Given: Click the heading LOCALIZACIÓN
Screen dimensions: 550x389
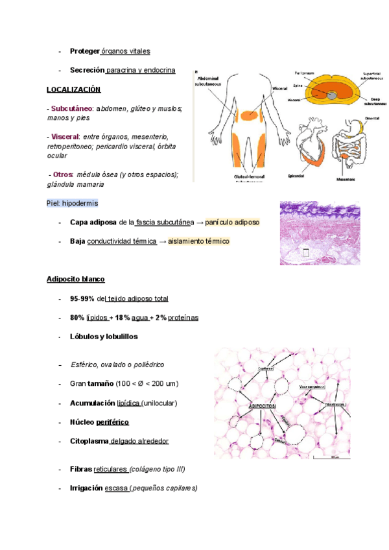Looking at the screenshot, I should pyautogui.click(x=73, y=89).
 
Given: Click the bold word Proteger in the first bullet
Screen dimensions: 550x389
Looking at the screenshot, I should pyautogui.click(x=84, y=51).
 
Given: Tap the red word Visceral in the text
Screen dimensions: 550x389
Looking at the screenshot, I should pyautogui.click(x=64, y=137).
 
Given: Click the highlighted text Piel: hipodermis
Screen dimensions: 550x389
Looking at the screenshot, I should pyautogui.click(x=72, y=203).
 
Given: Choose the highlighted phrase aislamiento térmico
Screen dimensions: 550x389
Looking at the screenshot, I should pyautogui.click(x=198, y=241).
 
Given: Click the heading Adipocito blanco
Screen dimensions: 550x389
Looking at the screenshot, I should pyautogui.click(x=75, y=279).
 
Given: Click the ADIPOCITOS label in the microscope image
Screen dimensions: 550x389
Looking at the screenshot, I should pyautogui.click(x=262, y=405).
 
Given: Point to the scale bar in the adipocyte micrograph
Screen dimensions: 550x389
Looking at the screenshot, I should pyautogui.click(x=331, y=457).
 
